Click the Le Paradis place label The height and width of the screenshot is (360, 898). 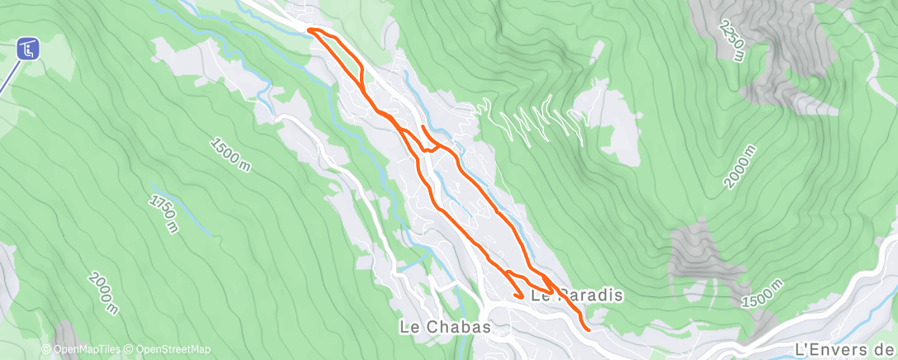pos(576,294)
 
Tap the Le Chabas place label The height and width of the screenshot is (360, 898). pos(445,327)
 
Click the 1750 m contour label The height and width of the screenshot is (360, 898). pos(163,214)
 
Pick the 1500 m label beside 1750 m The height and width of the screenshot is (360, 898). pos(230,154)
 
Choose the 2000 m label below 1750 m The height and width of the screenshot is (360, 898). pos(102,294)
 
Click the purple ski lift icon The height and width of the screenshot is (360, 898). pos(29,50)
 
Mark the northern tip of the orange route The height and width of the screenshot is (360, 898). pos(310,31)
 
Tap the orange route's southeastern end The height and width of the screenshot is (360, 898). pos(588,329)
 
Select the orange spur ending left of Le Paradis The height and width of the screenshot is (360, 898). pos(518,295)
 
